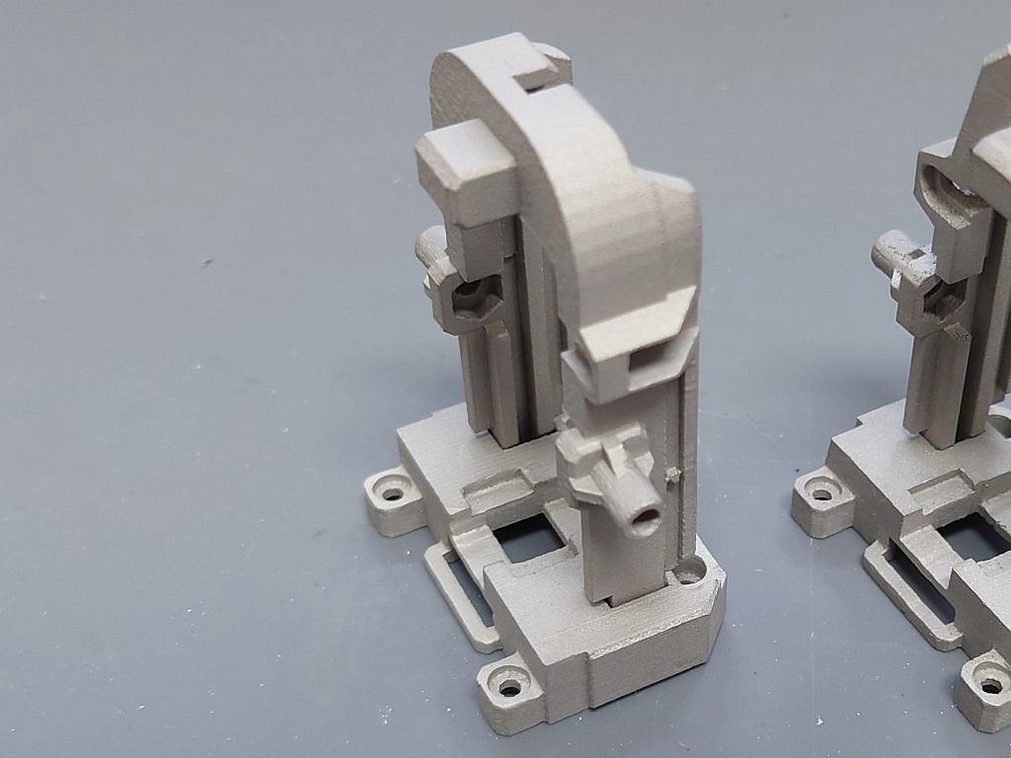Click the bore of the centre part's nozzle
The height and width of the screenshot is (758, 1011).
click(646, 518)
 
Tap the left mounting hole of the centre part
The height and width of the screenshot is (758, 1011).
click(393, 490)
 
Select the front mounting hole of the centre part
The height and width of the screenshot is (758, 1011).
click(510, 685)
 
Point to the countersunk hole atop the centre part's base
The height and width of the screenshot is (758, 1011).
click(689, 569)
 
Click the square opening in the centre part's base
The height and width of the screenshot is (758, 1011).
click(527, 540)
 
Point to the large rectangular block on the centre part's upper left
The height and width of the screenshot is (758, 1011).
click(464, 168)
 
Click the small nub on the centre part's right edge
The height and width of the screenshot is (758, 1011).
click(673, 475)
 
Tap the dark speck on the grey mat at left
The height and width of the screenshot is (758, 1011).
click(206, 262)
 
